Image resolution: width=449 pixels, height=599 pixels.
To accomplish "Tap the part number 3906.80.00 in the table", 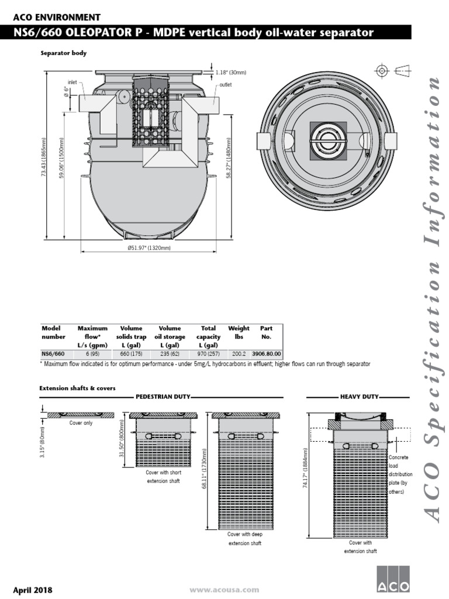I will tap(266, 354).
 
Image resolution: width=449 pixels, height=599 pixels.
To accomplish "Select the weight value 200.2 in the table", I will tap(239, 354).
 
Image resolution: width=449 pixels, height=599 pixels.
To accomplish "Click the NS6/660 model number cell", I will tap(53, 354).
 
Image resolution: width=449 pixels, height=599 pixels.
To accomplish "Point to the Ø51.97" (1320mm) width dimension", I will tap(149, 248).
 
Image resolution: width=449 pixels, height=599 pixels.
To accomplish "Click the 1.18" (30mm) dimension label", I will tap(231, 73).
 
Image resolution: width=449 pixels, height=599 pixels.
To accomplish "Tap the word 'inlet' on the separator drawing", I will tap(72, 82).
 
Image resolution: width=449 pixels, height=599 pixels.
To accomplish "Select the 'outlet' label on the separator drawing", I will tap(226, 85).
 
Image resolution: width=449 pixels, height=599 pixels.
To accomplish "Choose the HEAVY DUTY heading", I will tap(360, 397).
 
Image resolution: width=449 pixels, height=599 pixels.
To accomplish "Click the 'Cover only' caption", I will tap(81, 423).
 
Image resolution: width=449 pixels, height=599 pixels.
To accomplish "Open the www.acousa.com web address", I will tap(224, 590).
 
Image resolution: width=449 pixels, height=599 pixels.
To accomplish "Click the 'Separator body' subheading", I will tap(63, 53).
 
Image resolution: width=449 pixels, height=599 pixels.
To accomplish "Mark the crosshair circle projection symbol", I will tap(382, 71).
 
